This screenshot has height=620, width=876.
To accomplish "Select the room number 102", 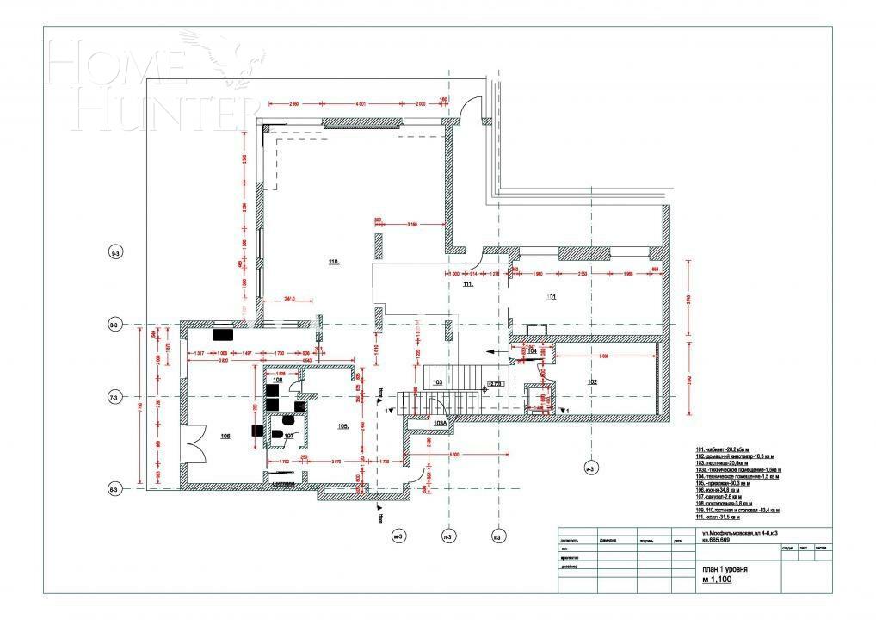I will click(x=592, y=381).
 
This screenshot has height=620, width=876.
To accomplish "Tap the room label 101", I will click(x=552, y=297).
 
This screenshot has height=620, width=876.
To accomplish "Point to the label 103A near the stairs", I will click(x=440, y=424).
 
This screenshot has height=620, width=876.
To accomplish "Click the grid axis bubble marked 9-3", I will click(x=115, y=253).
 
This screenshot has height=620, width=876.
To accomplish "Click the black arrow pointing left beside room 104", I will click(x=493, y=351).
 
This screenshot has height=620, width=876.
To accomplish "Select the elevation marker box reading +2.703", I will click(x=496, y=384).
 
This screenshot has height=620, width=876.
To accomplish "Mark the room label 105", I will click(x=342, y=426).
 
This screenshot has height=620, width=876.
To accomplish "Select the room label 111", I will click(x=467, y=283).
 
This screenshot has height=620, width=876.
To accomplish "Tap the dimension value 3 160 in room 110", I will click(x=411, y=225).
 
